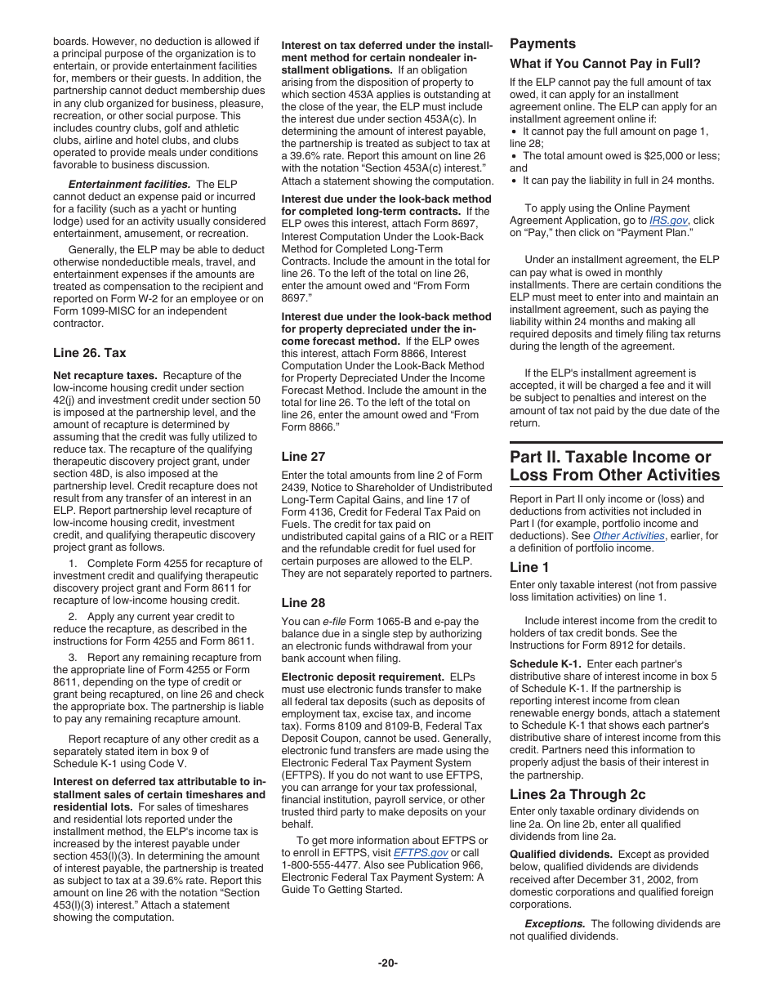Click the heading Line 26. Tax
90,353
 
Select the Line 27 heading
303,457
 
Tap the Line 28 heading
303,603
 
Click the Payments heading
542,44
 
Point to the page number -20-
387,963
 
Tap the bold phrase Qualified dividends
560,855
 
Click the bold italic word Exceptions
555,924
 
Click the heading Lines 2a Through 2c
578,794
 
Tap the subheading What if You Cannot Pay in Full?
604,64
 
